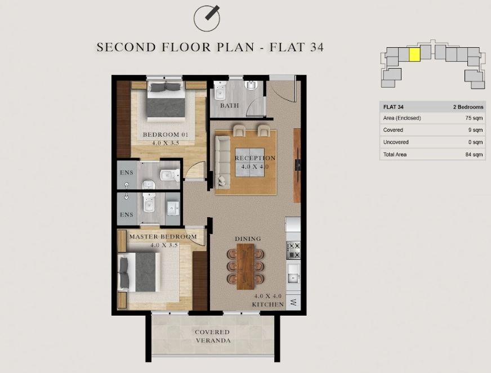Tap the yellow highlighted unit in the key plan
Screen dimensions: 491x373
pyautogui.click(x=414, y=55)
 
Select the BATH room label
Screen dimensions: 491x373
pyautogui.click(x=229, y=105)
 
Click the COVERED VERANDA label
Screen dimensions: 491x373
pyautogui.click(x=213, y=336)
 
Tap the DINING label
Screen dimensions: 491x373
pyautogui.click(x=248, y=239)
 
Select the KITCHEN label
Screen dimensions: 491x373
pyautogui.click(x=268, y=304)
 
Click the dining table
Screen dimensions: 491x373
pyautogui.click(x=245, y=266)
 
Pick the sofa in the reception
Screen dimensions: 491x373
pyautogui.click(x=222, y=162)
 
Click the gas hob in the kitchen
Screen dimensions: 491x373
pyautogui.click(x=293, y=250)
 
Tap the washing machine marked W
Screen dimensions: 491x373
pyautogui.click(x=293, y=302)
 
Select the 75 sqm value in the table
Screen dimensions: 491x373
pyautogui.click(x=474, y=118)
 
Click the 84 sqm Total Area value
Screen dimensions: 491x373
pyautogui.click(x=474, y=154)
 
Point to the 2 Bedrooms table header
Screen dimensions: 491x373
pyautogui.click(x=468, y=107)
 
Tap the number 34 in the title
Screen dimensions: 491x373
pyautogui.click(x=316, y=47)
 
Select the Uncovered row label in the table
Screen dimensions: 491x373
pyautogui.click(x=396, y=142)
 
